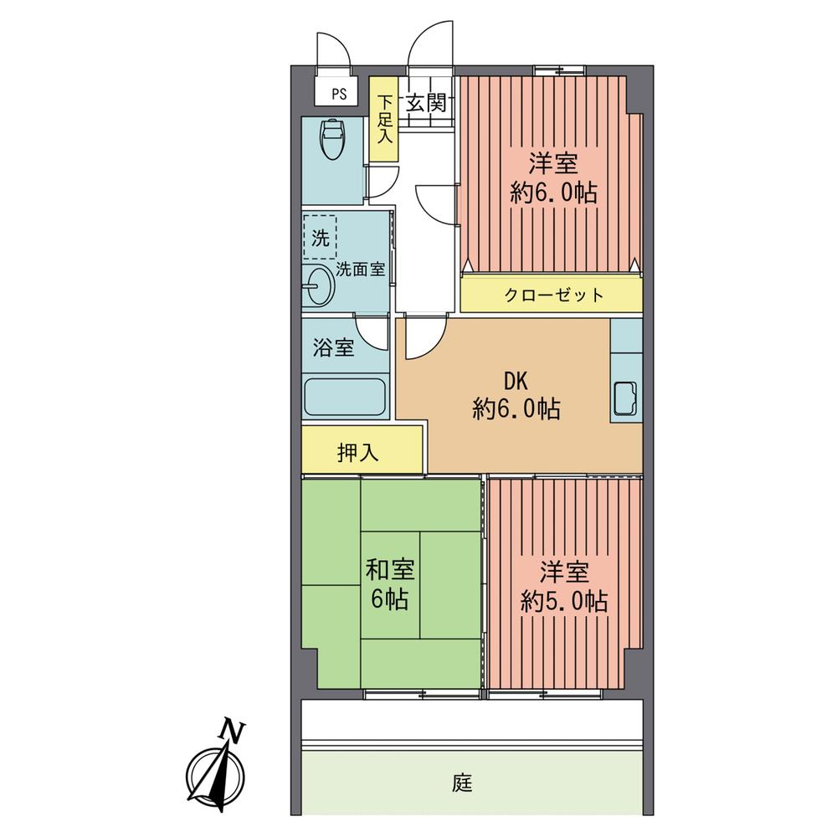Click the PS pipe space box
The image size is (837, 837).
pos(338,94)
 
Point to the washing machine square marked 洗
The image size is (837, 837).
pos(321,237)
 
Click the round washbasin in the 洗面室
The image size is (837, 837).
pos(319,286)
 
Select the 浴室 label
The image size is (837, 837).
pos(333,347)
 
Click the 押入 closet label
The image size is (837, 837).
pos(358,453)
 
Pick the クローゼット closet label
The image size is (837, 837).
pos(553,295)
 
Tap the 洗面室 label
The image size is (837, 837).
pos(361,270)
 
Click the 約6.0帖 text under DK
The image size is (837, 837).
pos(516,409)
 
